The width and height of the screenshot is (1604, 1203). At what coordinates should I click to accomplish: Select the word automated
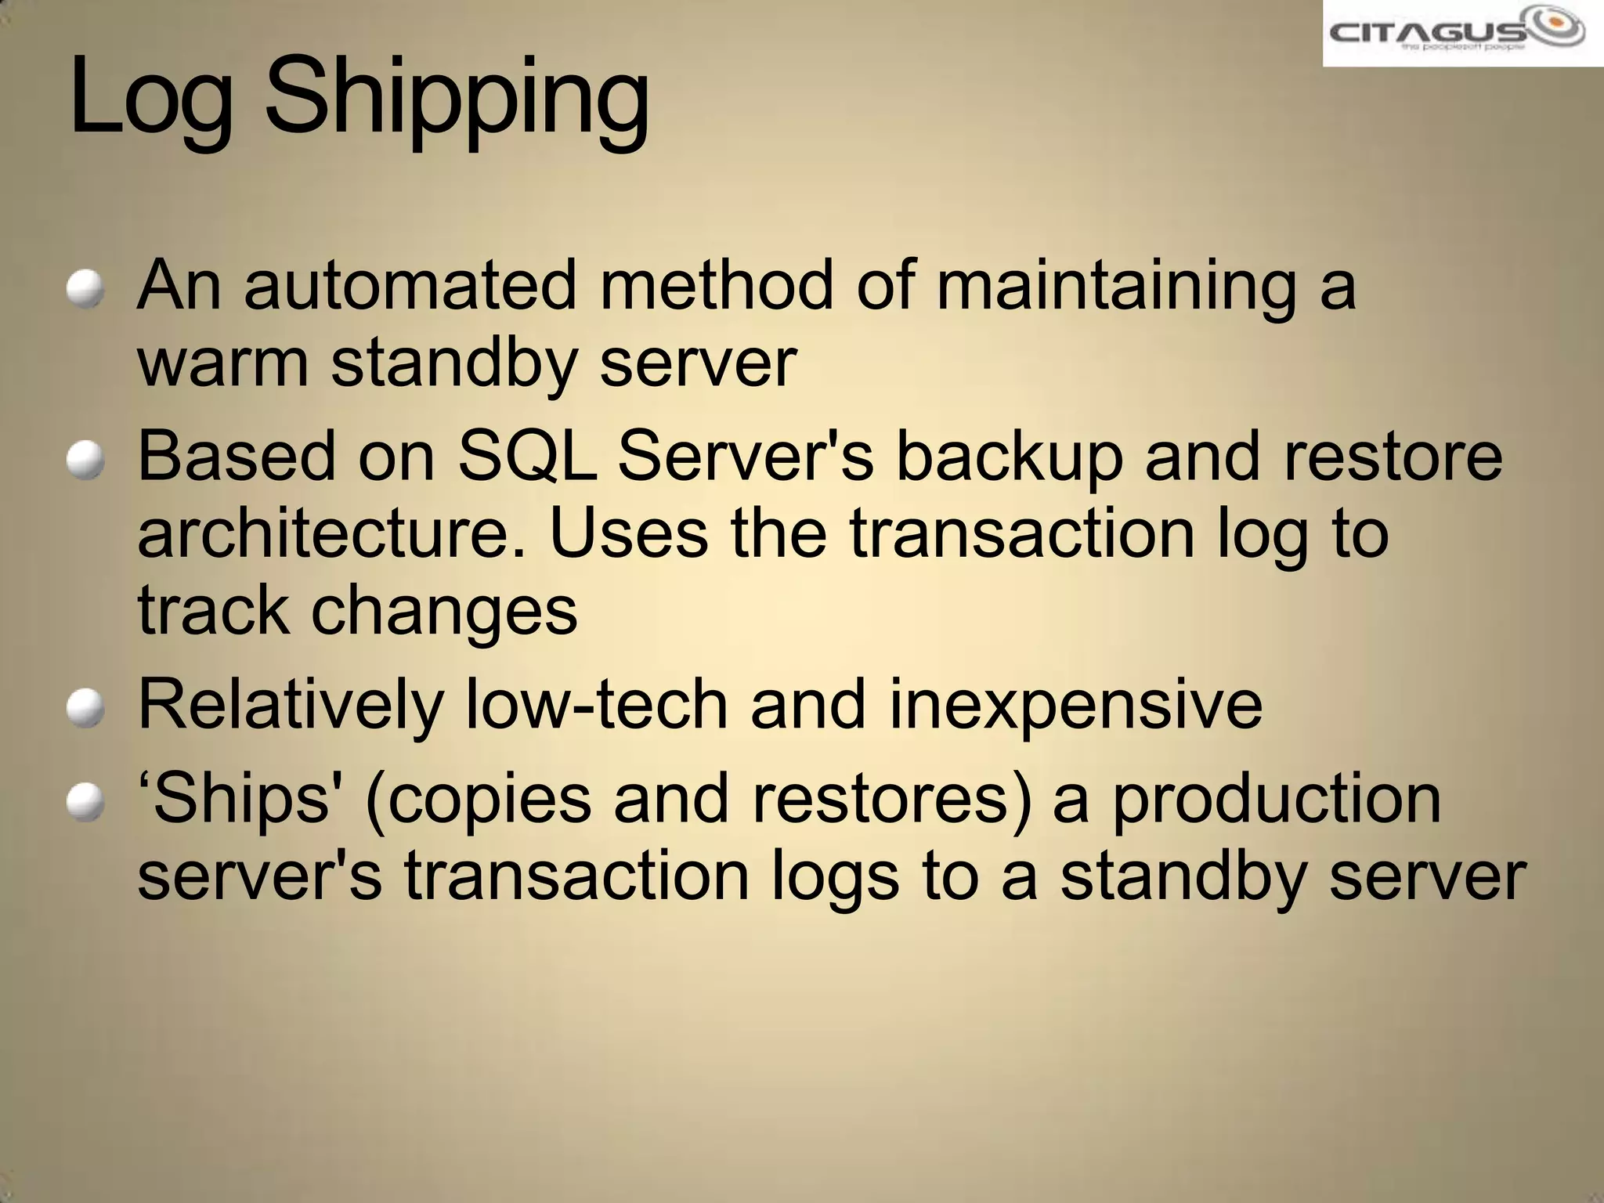tap(410, 285)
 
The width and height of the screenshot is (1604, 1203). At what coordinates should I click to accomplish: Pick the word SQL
tap(526, 457)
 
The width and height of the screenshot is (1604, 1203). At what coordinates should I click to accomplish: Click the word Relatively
tap(291, 706)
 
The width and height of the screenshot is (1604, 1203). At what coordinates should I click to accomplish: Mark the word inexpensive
tap(1075, 706)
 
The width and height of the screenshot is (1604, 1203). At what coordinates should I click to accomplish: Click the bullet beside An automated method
tap(85, 289)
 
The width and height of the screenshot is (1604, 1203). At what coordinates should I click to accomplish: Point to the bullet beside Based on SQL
tap(85, 460)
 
